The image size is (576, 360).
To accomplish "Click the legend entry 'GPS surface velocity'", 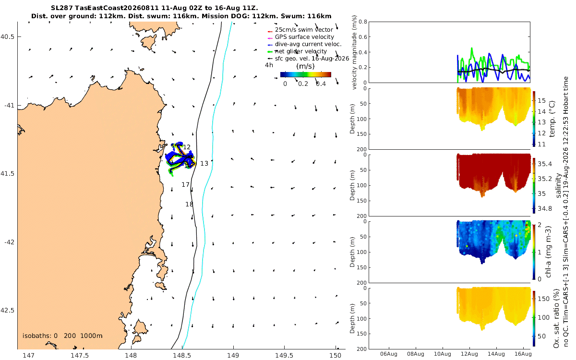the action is [304, 37].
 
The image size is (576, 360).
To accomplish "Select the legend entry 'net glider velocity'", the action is [301, 51].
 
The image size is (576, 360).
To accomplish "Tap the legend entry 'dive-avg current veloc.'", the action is [308, 44].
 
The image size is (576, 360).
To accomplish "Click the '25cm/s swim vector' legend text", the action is [304, 30].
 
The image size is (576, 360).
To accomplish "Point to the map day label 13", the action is [204, 164].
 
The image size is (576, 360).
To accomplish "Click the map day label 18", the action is [189, 204].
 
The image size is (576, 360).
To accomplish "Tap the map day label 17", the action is [185, 185].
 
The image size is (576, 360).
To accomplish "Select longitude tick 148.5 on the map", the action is [182, 355].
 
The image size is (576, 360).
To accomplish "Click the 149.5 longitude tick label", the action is [284, 355].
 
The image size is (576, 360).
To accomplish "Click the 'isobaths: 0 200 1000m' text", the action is [62, 336].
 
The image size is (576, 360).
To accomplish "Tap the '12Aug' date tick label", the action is [469, 354].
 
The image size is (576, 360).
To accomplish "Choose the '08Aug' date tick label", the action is [416, 354].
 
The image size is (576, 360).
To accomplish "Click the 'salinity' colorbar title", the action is [558, 186].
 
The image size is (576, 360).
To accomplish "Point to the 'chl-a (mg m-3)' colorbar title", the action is [548, 252].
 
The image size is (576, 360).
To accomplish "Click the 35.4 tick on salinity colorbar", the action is [545, 164].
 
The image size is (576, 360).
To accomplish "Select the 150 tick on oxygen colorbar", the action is [543, 299].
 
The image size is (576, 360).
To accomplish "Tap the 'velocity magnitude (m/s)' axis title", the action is [354, 52].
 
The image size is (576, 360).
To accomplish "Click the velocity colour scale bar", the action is [305, 74].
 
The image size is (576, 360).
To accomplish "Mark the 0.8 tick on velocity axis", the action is [363, 22].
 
